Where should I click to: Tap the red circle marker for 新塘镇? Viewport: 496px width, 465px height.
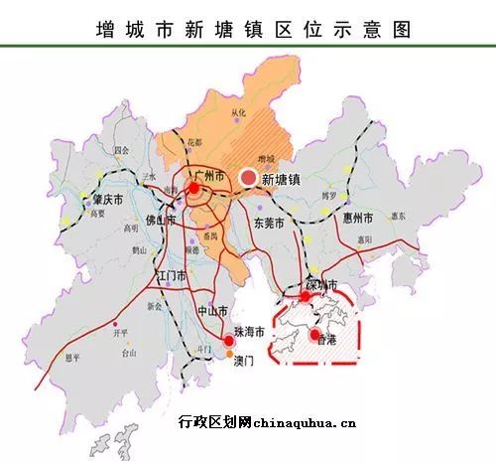(x=247, y=178)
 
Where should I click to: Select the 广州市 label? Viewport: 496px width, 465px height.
(x=210, y=176)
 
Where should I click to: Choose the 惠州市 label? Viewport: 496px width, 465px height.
(x=354, y=217)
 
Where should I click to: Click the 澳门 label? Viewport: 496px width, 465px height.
(x=242, y=361)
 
